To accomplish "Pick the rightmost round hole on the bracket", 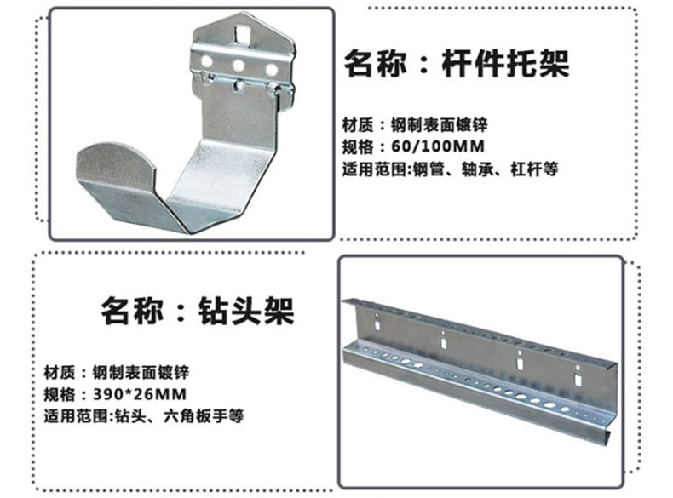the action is click(x=271, y=68).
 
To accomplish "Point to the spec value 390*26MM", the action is click(x=138, y=394).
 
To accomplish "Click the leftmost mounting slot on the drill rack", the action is click(x=442, y=339).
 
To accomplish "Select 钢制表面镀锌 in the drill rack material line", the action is click(x=140, y=373).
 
